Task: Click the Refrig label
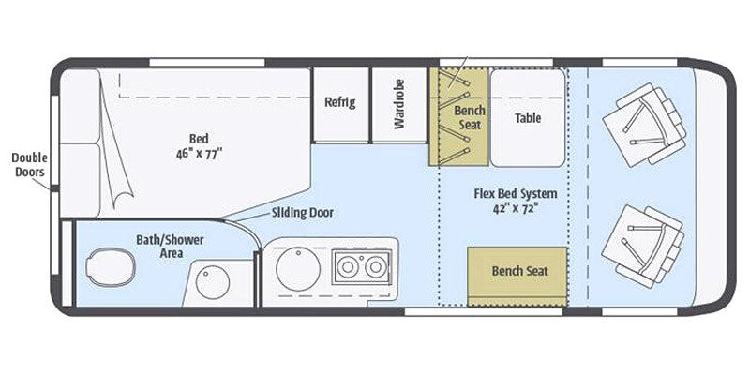point(339,102)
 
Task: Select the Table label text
point(529,118)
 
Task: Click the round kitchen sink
point(298,267)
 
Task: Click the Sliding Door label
point(302,213)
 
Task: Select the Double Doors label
point(29,165)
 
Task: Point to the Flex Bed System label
point(516,194)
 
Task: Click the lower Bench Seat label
point(518,271)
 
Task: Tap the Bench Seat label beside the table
point(470,116)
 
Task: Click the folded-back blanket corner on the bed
point(116,178)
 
